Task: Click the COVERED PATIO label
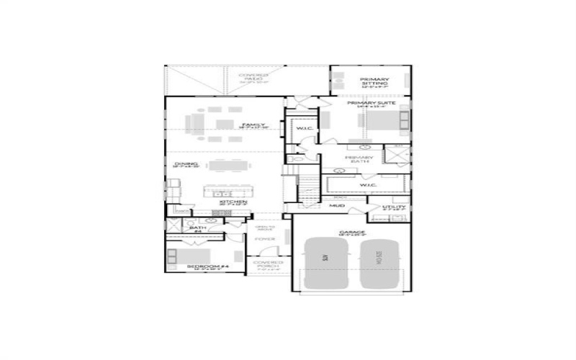(x=253, y=78)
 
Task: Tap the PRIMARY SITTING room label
(x=374, y=81)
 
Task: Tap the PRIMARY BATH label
(x=359, y=160)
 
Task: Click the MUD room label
(x=337, y=206)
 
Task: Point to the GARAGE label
(x=353, y=233)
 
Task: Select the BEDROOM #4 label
(x=207, y=267)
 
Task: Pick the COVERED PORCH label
(x=269, y=266)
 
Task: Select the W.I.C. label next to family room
(x=302, y=129)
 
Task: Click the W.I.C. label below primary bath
(x=368, y=185)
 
